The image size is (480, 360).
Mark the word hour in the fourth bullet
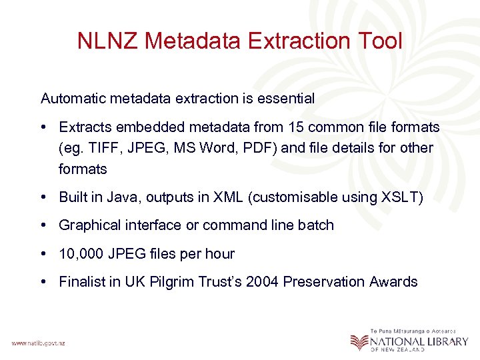coord(220,254)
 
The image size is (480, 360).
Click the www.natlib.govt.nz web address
coord(38,343)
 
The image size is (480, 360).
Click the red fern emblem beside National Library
coord(359,341)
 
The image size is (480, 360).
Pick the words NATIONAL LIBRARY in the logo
coord(420,341)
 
